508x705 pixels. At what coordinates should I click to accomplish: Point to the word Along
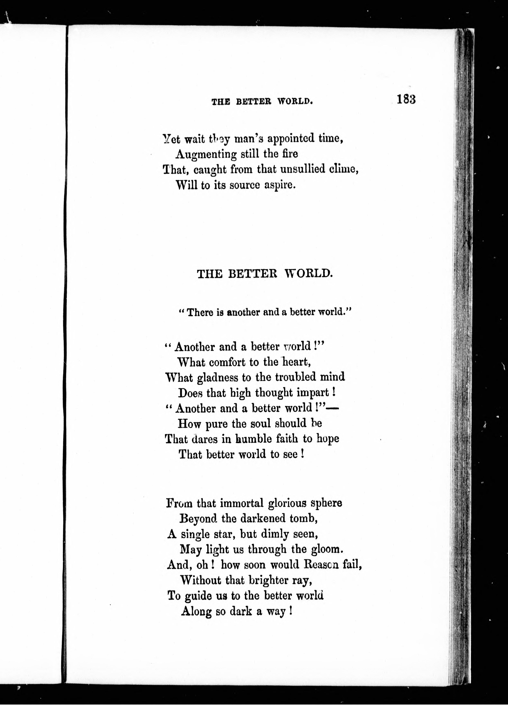(x=196, y=611)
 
